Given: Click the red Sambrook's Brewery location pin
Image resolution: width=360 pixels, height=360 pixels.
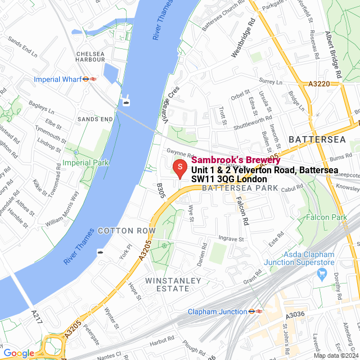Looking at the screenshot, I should [179, 168].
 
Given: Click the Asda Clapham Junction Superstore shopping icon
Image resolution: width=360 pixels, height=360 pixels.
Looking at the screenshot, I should [322, 274].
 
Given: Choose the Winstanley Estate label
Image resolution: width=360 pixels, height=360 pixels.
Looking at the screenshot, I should [167, 284].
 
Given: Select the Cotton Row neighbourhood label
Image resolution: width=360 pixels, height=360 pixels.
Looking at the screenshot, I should [127, 231].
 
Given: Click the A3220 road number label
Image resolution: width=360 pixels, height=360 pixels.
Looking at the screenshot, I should [319, 84].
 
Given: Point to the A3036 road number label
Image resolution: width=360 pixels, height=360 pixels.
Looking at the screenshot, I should [295, 316].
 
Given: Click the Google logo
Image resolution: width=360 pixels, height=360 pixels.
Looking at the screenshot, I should [19, 353].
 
